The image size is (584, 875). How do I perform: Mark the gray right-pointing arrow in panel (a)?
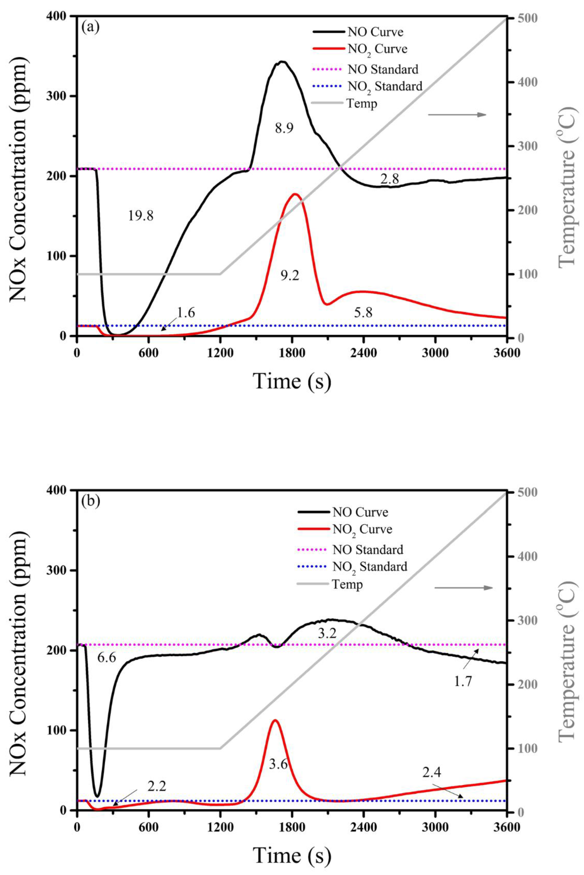tap(457, 115)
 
